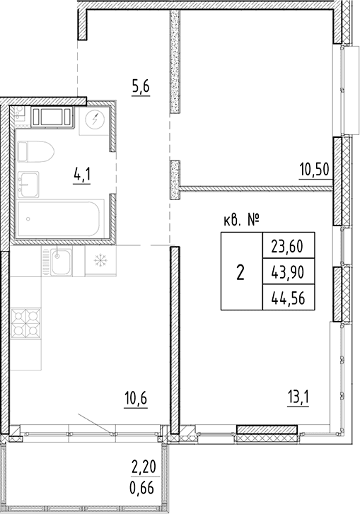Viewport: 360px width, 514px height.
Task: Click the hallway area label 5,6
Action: tap(141, 88)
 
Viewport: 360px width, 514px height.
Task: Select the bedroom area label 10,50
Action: tap(314, 170)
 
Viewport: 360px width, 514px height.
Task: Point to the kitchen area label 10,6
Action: tap(135, 399)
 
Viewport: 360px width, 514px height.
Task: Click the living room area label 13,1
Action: tap(298, 399)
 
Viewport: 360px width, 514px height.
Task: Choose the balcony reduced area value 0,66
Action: tap(142, 489)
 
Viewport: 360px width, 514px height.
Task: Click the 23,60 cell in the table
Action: tap(288, 246)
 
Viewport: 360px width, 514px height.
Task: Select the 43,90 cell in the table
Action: tap(288, 271)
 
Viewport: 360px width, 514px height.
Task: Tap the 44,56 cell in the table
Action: tap(288, 298)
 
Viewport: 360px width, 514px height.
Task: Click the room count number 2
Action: tap(240, 272)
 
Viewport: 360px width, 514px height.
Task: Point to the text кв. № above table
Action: tap(242, 221)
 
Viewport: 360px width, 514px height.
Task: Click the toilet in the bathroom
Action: tap(35, 151)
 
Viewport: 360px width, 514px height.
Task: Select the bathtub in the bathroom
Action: tap(61, 220)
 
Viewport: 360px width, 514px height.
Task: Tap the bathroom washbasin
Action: tap(28, 185)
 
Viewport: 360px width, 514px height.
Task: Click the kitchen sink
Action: tap(61, 262)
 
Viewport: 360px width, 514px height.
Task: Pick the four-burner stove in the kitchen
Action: tap(25, 324)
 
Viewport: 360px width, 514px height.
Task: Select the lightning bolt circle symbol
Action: tap(95, 120)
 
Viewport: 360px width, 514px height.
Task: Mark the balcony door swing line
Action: tap(95, 424)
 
